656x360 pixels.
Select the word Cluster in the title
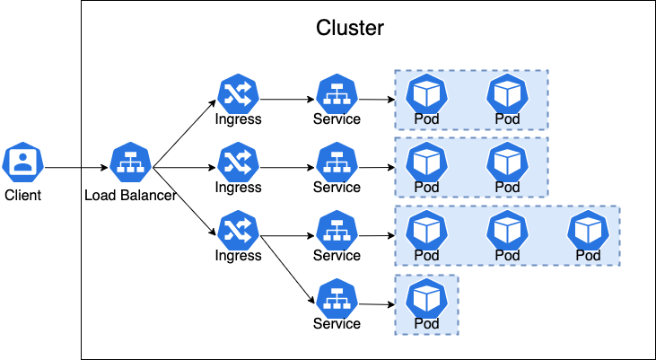pyautogui.click(x=350, y=28)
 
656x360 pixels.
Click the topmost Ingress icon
pyautogui.click(x=238, y=93)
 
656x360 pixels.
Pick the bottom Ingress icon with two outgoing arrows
pyautogui.click(x=238, y=230)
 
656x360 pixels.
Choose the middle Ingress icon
pyautogui.click(x=238, y=162)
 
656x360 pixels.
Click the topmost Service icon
pyautogui.click(x=337, y=93)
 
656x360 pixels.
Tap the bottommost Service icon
pyautogui.click(x=337, y=298)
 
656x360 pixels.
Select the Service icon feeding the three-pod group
pyautogui.click(x=337, y=230)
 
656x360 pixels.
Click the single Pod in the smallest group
pyautogui.click(x=426, y=298)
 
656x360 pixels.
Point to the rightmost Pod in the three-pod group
pyautogui.click(x=588, y=230)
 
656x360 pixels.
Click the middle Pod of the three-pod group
pyautogui.click(x=507, y=230)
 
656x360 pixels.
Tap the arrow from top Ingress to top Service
pyautogui.click(x=287, y=99)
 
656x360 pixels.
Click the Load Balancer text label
pyautogui.click(x=129, y=195)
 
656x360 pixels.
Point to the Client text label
pyautogui.click(x=22, y=195)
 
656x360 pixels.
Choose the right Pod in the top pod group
pyautogui.click(x=507, y=93)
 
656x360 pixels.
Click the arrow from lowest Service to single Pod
pyautogui.click(x=376, y=304)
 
